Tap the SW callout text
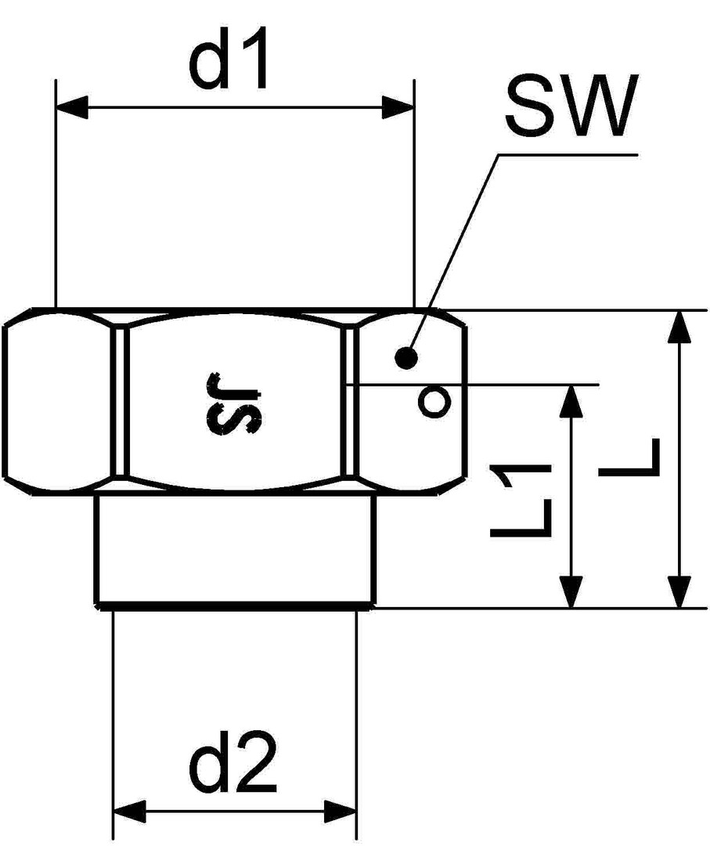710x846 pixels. (x=568, y=107)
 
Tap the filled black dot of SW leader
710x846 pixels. (x=406, y=358)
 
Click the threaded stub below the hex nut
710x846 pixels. (x=235, y=548)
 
